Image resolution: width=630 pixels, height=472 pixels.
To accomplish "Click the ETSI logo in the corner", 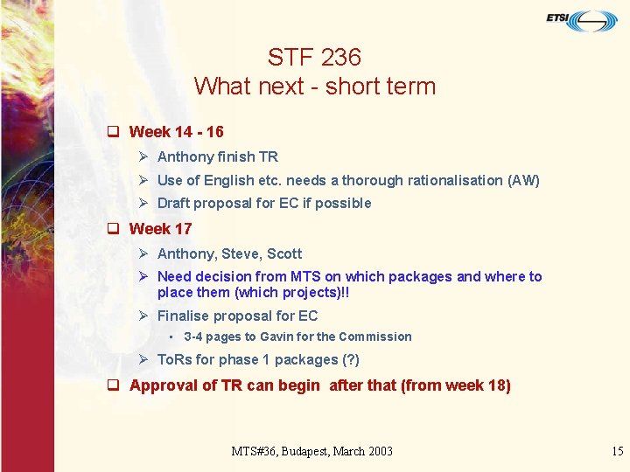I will pyautogui.click(x=582, y=19).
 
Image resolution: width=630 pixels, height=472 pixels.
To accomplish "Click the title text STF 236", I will pyautogui.click(x=314, y=58).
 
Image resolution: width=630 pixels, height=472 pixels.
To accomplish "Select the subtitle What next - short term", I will pyautogui.click(x=314, y=87).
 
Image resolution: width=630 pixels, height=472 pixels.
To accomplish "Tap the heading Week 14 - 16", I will pyautogui.click(x=176, y=132).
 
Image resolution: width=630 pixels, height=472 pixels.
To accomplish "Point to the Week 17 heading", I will pyautogui.click(x=160, y=229).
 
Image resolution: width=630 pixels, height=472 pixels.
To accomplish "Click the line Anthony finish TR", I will pyautogui.click(x=217, y=157).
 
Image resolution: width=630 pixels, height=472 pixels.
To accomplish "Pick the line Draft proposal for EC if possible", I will pyautogui.click(x=263, y=204).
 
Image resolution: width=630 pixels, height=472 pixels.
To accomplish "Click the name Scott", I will pyautogui.click(x=284, y=254).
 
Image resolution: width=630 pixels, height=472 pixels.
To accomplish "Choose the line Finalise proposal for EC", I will pyautogui.click(x=237, y=316).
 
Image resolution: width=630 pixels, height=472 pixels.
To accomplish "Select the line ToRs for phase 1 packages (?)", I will pyautogui.click(x=257, y=360).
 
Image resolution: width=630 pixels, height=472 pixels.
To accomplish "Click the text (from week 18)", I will pyautogui.click(x=455, y=385).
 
